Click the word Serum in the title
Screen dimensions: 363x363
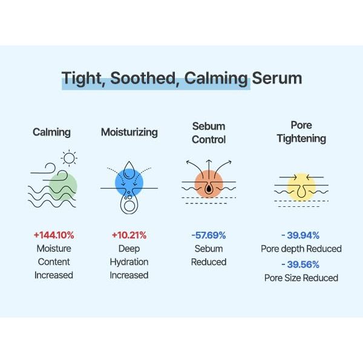(x=277, y=79)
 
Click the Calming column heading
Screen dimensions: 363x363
(x=51, y=132)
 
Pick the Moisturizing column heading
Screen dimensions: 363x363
(x=129, y=132)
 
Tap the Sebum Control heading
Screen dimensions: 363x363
(x=209, y=132)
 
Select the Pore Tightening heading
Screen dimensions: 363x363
(x=301, y=132)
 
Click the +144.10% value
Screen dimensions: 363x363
(x=53, y=235)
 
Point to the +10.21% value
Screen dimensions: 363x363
(x=129, y=235)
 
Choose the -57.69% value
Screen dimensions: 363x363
(x=209, y=235)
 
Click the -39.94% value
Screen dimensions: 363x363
(x=301, y=235)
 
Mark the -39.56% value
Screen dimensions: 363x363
(x=301, y=264)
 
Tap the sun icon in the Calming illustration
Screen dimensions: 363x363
(x=69, y=159)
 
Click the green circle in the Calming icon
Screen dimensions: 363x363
(x=64, y=185)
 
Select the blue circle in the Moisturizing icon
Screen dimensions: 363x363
(x=129, y=180)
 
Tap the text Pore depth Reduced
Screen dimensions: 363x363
(x=301, y=249)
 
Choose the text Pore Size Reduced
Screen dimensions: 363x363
(x=301, y=278)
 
